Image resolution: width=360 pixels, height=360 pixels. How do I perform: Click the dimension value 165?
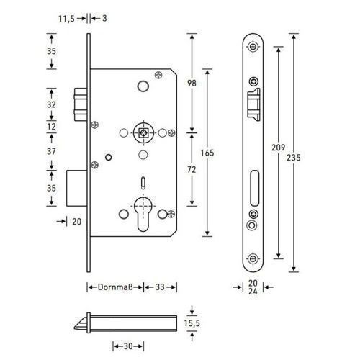point(207,153)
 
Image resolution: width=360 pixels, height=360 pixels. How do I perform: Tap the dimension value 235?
point(294,158)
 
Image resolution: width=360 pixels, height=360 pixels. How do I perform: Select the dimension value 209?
point(279,148)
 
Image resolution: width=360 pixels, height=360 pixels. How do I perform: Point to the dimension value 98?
point(192,83)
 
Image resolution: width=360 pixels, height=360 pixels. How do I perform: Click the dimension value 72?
point(192,170)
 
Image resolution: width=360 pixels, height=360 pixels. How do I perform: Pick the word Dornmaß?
point(115,287)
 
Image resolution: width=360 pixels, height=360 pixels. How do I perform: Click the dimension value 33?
point(160,287)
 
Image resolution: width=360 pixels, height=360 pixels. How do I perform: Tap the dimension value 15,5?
point(192,323)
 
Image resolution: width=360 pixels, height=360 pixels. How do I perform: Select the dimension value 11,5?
point(66,19)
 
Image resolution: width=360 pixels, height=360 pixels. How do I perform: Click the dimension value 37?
point(51,151)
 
